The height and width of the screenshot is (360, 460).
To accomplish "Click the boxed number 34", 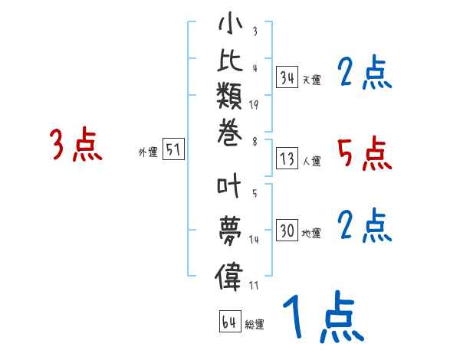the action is [287, 77].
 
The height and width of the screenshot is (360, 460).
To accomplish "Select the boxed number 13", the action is [287, 159].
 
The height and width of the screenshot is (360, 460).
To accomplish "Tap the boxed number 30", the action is [287, 231].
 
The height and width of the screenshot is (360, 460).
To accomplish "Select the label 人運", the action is [312, 162].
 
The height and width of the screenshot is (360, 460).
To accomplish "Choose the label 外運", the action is [148, 152].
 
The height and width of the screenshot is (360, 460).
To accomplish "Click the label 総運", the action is [255, 325].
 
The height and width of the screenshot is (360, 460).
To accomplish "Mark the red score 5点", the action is [365, 154].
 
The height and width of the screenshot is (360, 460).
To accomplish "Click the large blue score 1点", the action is [321, 316].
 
